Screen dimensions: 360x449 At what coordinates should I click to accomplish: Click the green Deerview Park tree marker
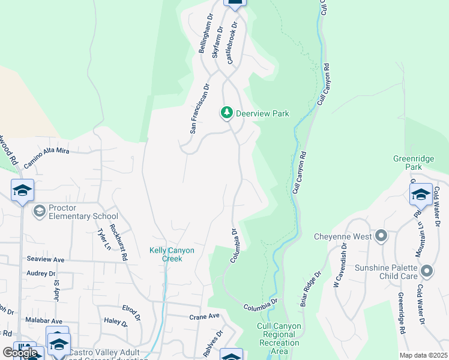(227, 113)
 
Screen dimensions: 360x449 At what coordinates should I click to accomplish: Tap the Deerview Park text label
(262, 113)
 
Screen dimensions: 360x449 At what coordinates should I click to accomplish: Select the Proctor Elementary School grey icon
(39, 210)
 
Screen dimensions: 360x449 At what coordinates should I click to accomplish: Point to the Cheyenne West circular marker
(381, 236)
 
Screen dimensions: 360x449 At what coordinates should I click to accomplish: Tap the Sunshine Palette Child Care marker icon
(427, 271)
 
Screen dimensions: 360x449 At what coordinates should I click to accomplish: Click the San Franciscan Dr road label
(199, 108)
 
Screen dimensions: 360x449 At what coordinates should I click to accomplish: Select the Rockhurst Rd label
(122, 246)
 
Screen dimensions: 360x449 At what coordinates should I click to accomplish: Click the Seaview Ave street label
(46, 259)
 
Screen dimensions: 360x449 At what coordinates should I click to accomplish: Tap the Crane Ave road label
(205, 316)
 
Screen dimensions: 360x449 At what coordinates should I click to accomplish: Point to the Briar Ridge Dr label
(310, 288)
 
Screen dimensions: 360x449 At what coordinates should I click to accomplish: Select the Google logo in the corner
(20, 352)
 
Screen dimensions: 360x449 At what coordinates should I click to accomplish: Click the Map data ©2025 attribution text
(423, 355)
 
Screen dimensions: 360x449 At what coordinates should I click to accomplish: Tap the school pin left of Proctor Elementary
(22, 190)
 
